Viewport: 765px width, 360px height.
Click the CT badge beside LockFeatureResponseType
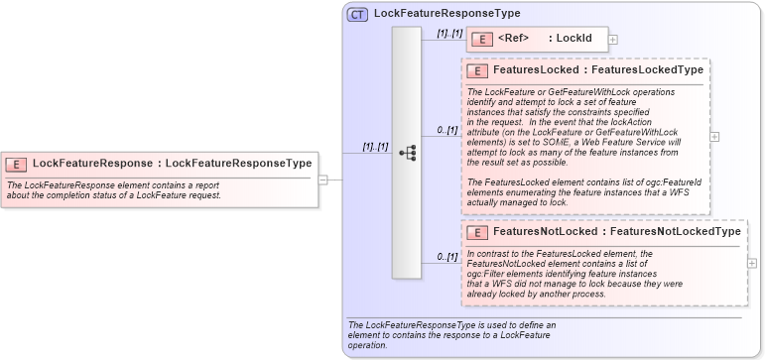pos(357,14)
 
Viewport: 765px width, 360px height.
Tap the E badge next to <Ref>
pos(481,39)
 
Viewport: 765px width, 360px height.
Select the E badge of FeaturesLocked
pos(476,70)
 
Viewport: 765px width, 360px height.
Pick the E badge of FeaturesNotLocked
pos(476,232)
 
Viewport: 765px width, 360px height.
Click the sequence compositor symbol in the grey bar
pos(407,153)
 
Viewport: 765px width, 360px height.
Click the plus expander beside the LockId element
pos(613,40)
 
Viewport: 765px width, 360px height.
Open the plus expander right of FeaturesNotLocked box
pos(750,263)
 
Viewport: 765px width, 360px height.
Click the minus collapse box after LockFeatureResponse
pos(322,180)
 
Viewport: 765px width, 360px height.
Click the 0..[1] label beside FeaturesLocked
pos(447,129)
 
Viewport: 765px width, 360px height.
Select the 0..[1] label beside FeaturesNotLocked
pos(447,256)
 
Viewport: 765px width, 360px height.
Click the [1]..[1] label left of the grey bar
pos(375,146)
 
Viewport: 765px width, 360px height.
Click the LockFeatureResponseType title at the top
pos(446,14)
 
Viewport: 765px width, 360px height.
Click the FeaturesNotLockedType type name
pos(676,232)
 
